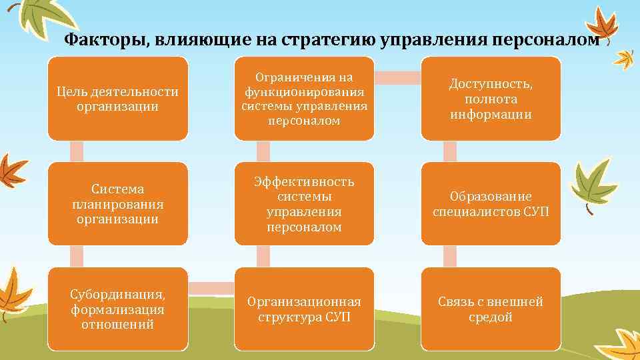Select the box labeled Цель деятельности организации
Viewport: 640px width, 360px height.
118,99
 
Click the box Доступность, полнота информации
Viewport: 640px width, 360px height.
491,99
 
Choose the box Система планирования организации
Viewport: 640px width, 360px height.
118,204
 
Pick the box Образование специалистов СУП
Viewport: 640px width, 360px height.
491,204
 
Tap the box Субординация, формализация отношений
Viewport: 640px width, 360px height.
118,309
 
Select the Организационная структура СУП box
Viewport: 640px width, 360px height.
304,309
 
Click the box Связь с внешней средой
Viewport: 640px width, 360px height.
491,309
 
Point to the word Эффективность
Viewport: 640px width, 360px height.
304,182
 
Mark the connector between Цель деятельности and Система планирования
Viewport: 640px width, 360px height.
77,151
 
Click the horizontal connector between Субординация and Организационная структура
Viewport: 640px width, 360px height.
211,287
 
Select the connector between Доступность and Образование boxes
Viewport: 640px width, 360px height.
450,151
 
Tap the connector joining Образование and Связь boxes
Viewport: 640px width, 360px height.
450,257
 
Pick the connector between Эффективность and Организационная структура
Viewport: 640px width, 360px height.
263,257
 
